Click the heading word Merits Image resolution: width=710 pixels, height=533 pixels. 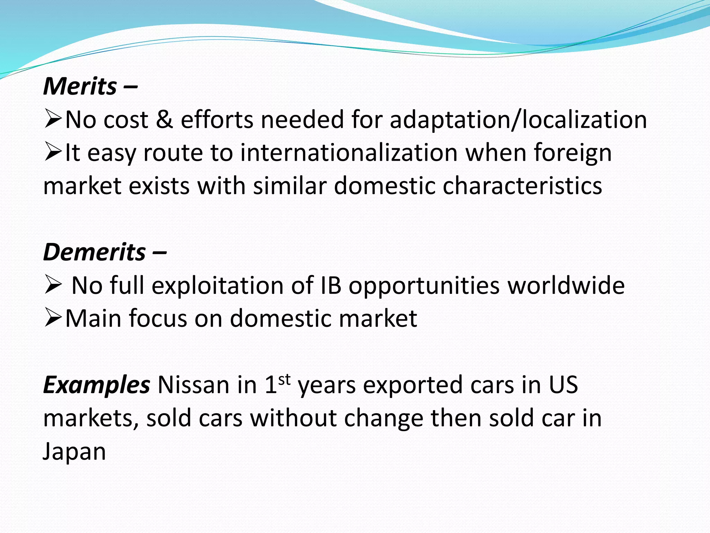80,86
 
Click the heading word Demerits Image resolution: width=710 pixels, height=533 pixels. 94,252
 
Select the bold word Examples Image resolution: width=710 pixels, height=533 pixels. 96,385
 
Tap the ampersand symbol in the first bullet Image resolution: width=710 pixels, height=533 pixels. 164,119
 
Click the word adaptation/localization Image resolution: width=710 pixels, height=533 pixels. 518,120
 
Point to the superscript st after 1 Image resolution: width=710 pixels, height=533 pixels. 284,380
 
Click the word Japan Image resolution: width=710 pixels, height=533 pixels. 74,452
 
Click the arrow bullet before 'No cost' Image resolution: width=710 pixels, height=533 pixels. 53,119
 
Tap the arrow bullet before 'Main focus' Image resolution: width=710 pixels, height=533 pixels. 53,319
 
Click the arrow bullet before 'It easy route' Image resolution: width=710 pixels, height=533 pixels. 53,153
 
